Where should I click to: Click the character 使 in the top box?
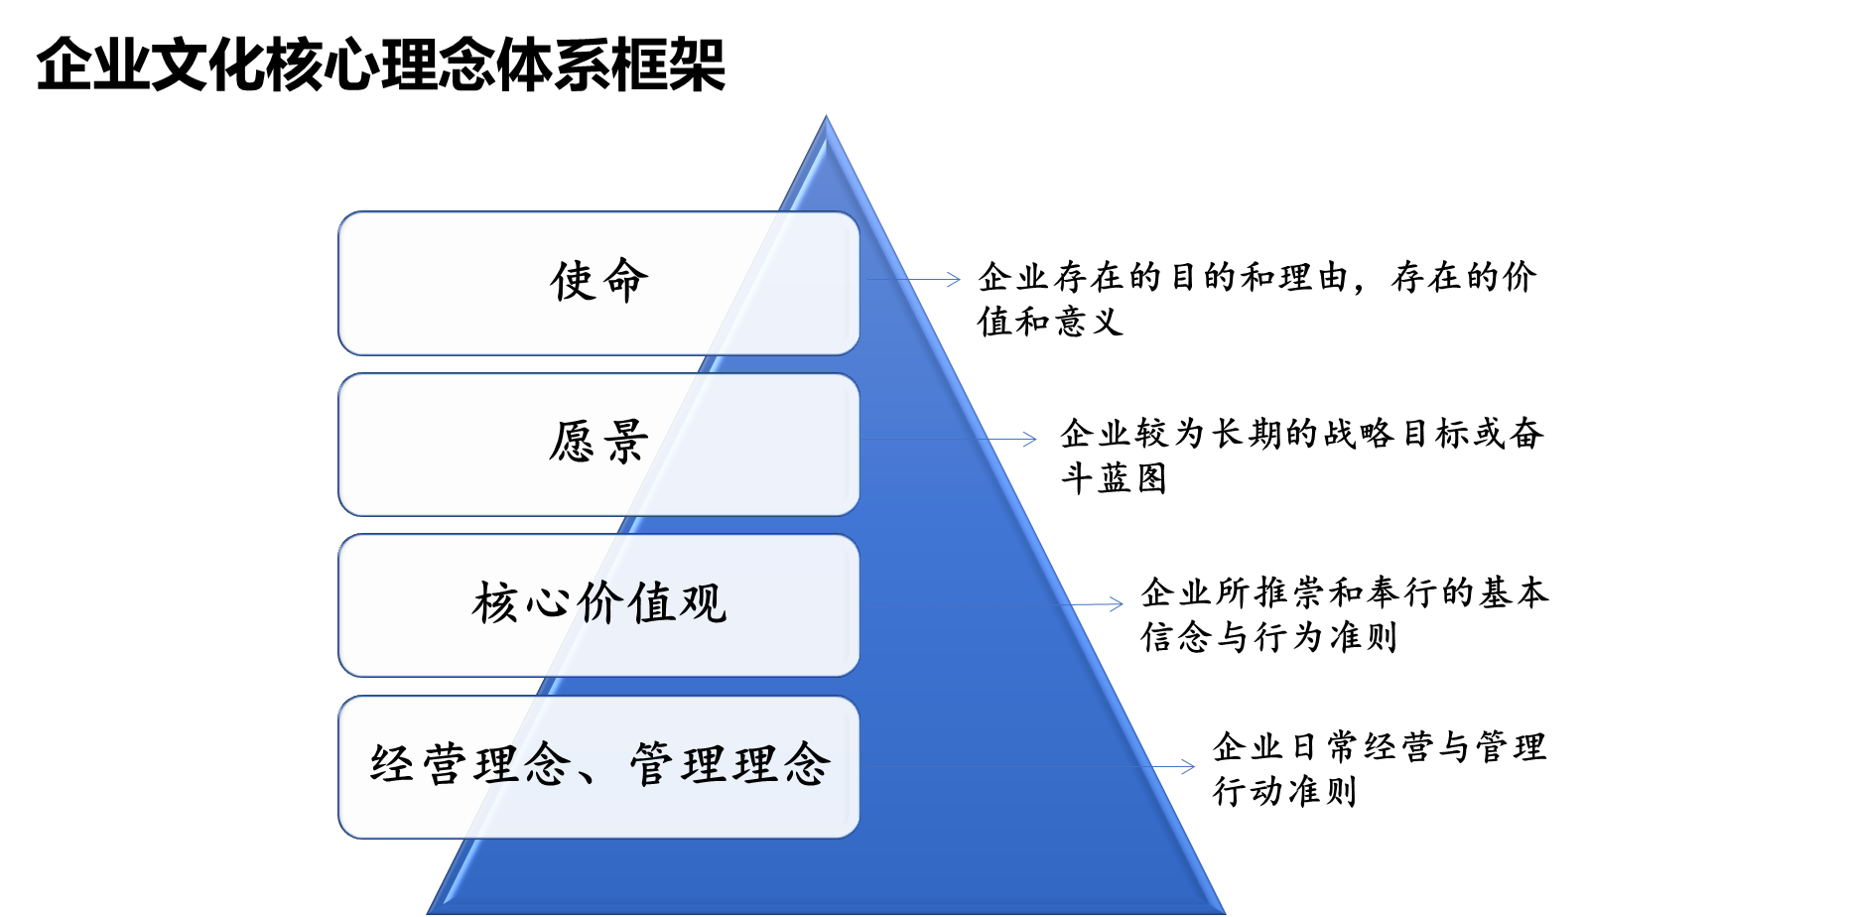573,281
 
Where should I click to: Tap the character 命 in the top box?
626,281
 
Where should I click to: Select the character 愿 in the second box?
573,442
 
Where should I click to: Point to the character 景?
626,442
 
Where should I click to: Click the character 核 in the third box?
495,603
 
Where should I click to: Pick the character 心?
548,603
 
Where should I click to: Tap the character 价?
599,603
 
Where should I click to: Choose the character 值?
651,603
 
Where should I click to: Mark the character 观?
703,603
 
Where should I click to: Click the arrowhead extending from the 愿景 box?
1032,439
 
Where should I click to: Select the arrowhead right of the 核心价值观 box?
1119,604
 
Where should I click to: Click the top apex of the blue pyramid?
826,118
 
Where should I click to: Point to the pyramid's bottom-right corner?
1222,910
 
